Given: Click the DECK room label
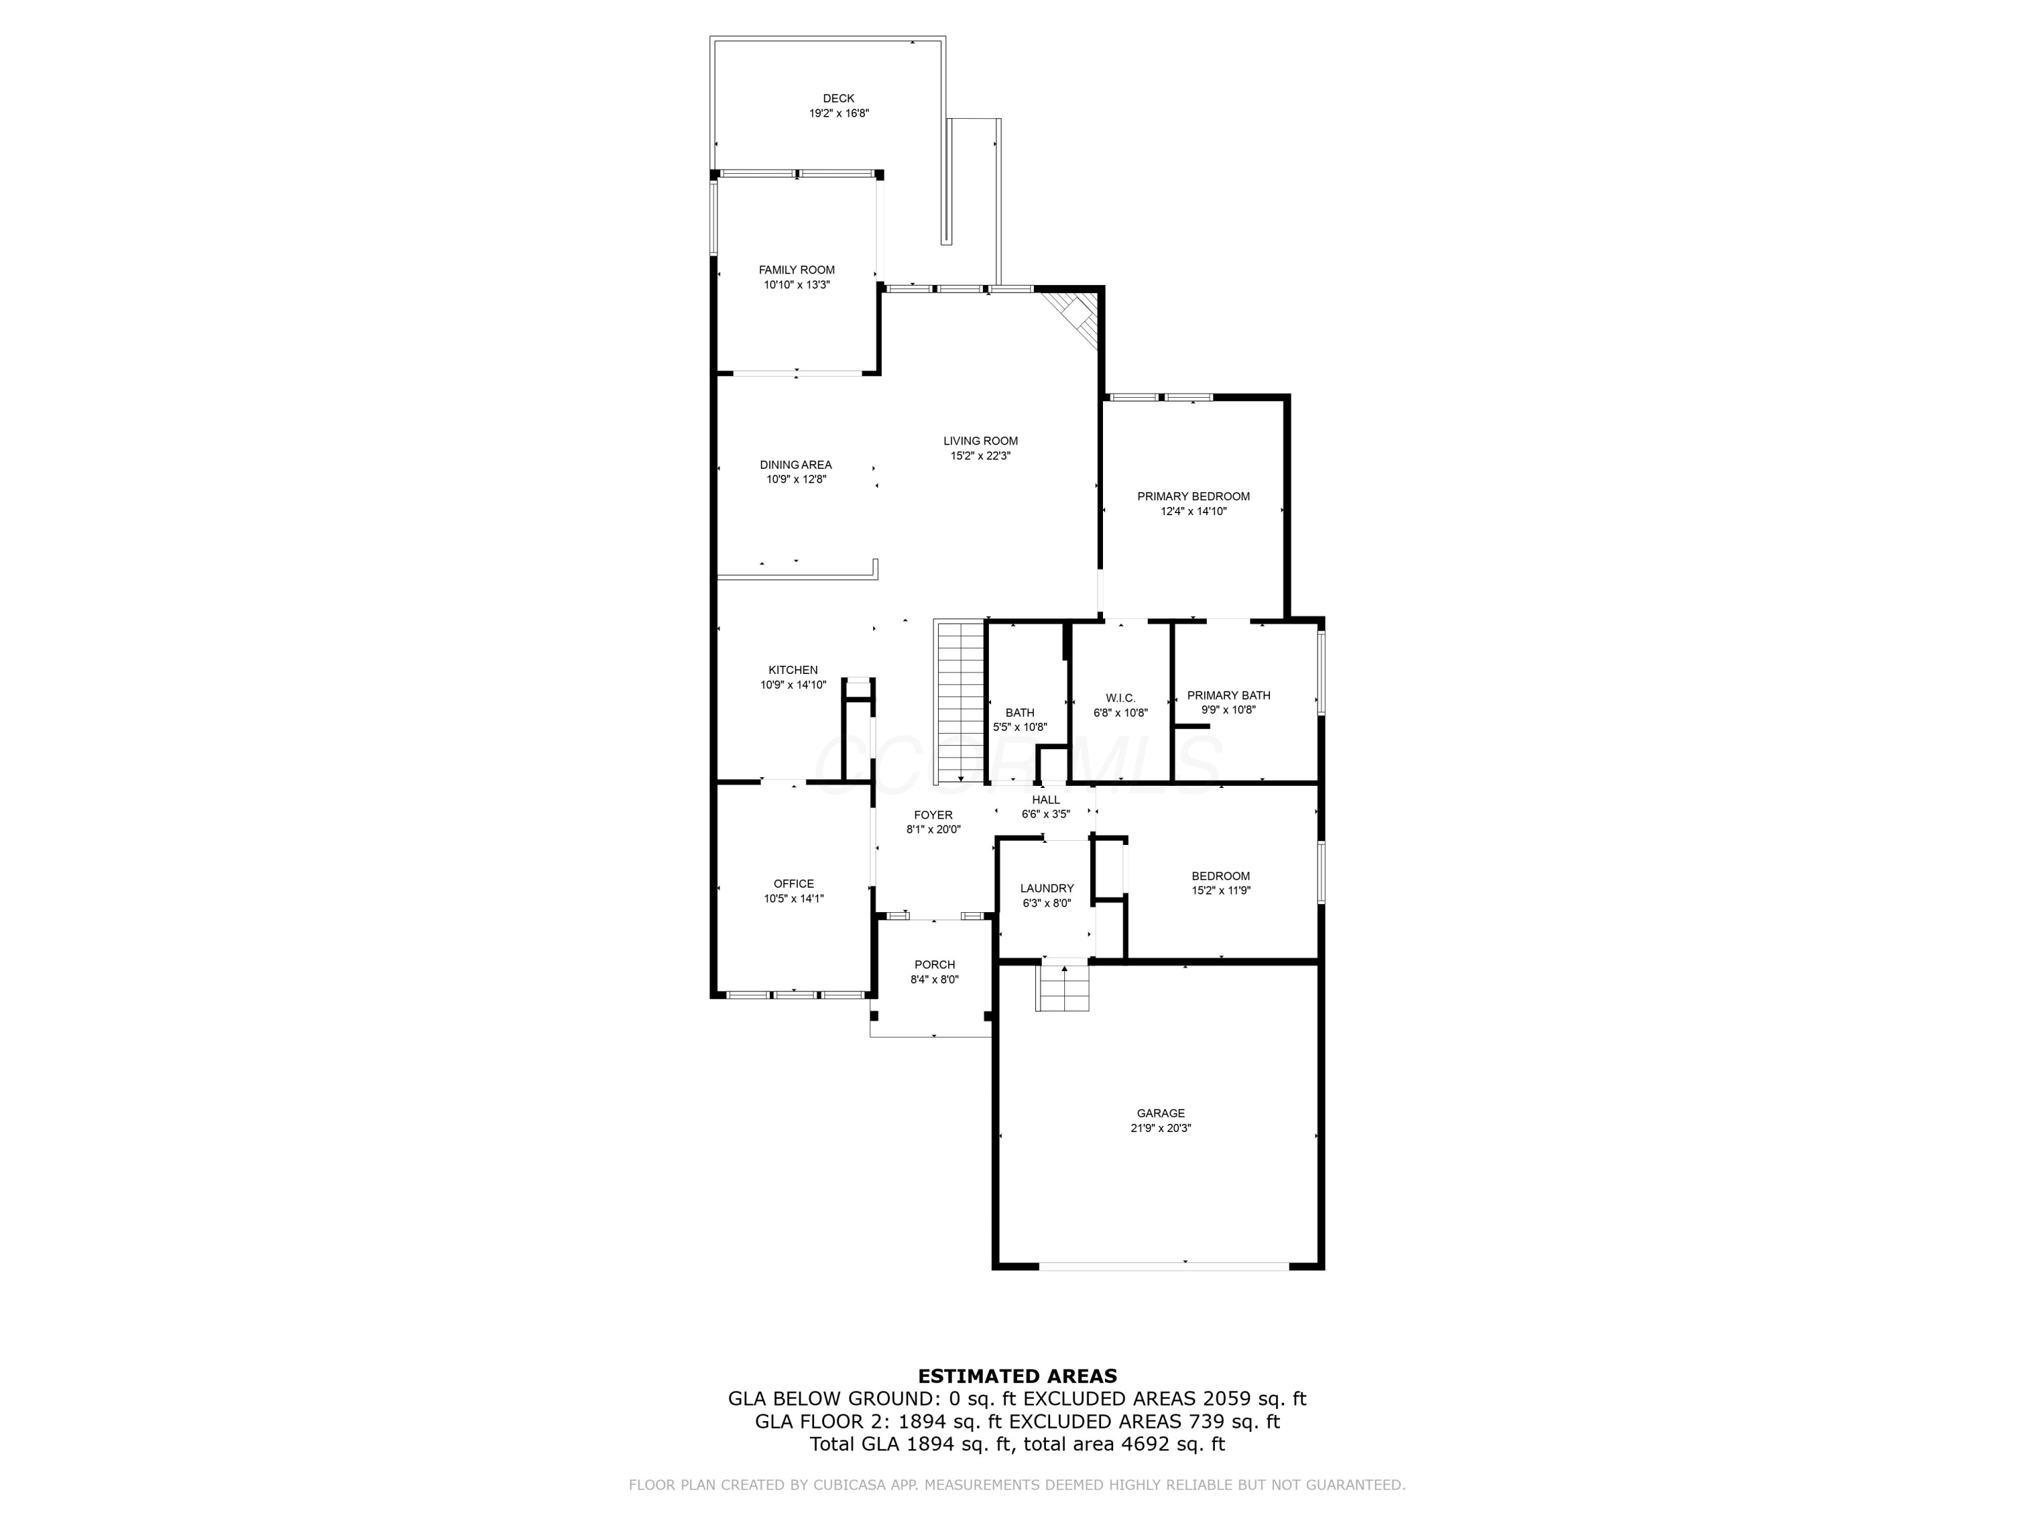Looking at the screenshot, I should pyautogui.click(x=838, y=98).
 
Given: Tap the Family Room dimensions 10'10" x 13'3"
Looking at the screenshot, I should pyautogui.click(x=797, y=285).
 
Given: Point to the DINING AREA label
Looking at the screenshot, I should pyautogui.click(x=796, y=465).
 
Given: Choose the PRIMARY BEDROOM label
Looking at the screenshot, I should pyautogui.click(x=1193, y=496).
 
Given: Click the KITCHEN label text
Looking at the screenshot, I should pyautogui.click(x=793, y=670).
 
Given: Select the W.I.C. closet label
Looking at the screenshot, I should pyautogui.click(x=1121, y=698).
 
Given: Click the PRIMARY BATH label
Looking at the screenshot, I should pyautogui.click(x=1228, y=695).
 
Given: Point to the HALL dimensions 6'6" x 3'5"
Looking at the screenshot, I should pyautogui.click(x=1045, y=814).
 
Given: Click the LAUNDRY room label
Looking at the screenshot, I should pyautogui.click(x=1047, y=888).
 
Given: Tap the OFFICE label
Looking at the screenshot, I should pyautogui.click(x=793, y=884).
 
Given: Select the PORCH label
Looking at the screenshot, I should pyautogui.click(x=934, y=964).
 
